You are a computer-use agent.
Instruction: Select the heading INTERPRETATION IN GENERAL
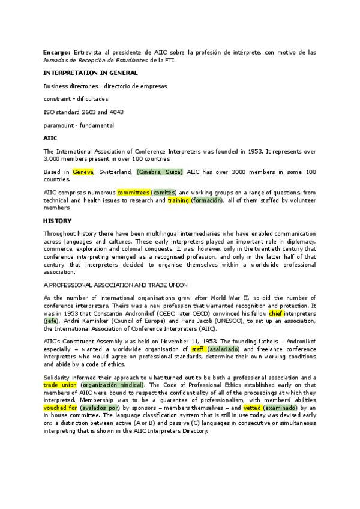(91, 73)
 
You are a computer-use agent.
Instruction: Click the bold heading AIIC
(50, 139)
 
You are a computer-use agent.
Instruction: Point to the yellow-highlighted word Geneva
(83, 172)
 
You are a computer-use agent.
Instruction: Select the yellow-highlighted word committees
(133, 193)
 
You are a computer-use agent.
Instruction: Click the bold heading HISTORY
(58, 220)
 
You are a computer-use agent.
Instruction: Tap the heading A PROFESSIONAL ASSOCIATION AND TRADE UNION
(116, 284)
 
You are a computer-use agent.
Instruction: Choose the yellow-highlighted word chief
(276, 313)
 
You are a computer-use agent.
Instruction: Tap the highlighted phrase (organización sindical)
(112, 384)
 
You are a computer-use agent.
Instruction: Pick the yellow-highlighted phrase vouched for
(59, 407)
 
